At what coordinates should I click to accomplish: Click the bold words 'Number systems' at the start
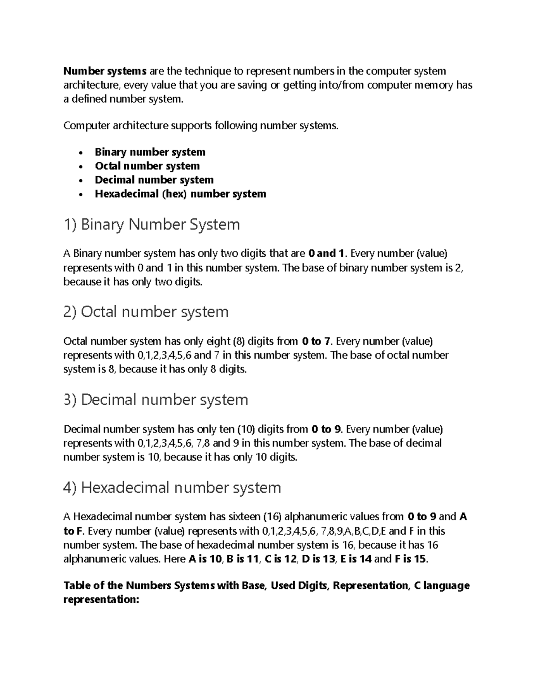[x=105, y=71]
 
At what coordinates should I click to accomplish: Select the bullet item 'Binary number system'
[x=150, y=152]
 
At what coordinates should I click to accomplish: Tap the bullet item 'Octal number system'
[x=147, y=166]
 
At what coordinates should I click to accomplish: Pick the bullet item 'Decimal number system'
[x=154, y=180]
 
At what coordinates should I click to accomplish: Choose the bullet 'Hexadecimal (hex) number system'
[x=180, y=194]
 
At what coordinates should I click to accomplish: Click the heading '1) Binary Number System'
[x=152, y=224]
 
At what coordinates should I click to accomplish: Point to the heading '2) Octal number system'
[x=146, y=311]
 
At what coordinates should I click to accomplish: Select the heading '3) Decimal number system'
[x=156, y=399]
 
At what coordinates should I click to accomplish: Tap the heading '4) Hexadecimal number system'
[x=172, y=487]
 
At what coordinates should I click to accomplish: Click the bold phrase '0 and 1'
[x=326, y=254]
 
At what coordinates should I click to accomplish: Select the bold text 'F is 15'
[x=411, y=559]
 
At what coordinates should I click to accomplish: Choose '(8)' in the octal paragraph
[x=239, y=342]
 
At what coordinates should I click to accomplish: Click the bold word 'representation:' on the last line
[x=102, y=600]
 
